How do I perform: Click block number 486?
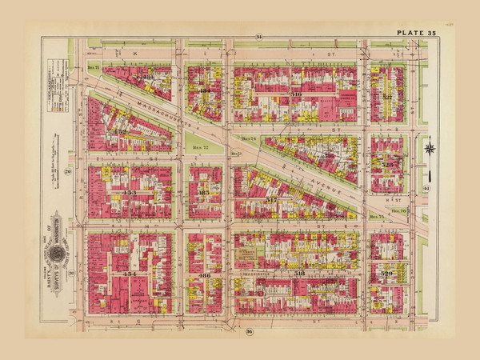point(204,275)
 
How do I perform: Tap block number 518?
point(301,274)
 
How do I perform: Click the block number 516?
point(296,94)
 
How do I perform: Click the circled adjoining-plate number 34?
point(258,37)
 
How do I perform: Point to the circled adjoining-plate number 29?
point(69,171)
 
